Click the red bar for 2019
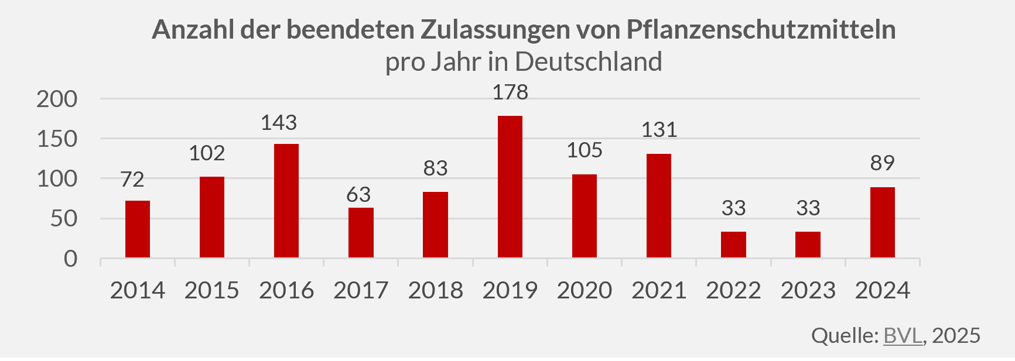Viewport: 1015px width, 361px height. point(510,187)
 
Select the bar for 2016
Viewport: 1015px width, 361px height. point(286,201)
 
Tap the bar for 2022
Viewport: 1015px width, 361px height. point(733,245)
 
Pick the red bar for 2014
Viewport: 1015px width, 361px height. point(138,229)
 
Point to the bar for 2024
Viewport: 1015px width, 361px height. point(882,222)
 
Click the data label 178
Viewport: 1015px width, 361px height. point(510,92)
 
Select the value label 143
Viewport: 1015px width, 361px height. point(279,123)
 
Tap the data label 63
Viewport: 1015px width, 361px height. point(358,195)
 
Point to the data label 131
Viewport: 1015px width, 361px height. point(659,130)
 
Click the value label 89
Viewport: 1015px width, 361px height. point(882,163)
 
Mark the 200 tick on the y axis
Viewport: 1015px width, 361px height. point(57,99)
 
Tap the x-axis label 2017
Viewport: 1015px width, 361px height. point(361,290)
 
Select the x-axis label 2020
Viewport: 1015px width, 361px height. point(585,290)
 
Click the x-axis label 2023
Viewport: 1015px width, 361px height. point(808,290)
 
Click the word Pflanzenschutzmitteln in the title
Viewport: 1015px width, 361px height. point(761,29)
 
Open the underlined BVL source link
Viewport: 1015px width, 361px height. point(903,335)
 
